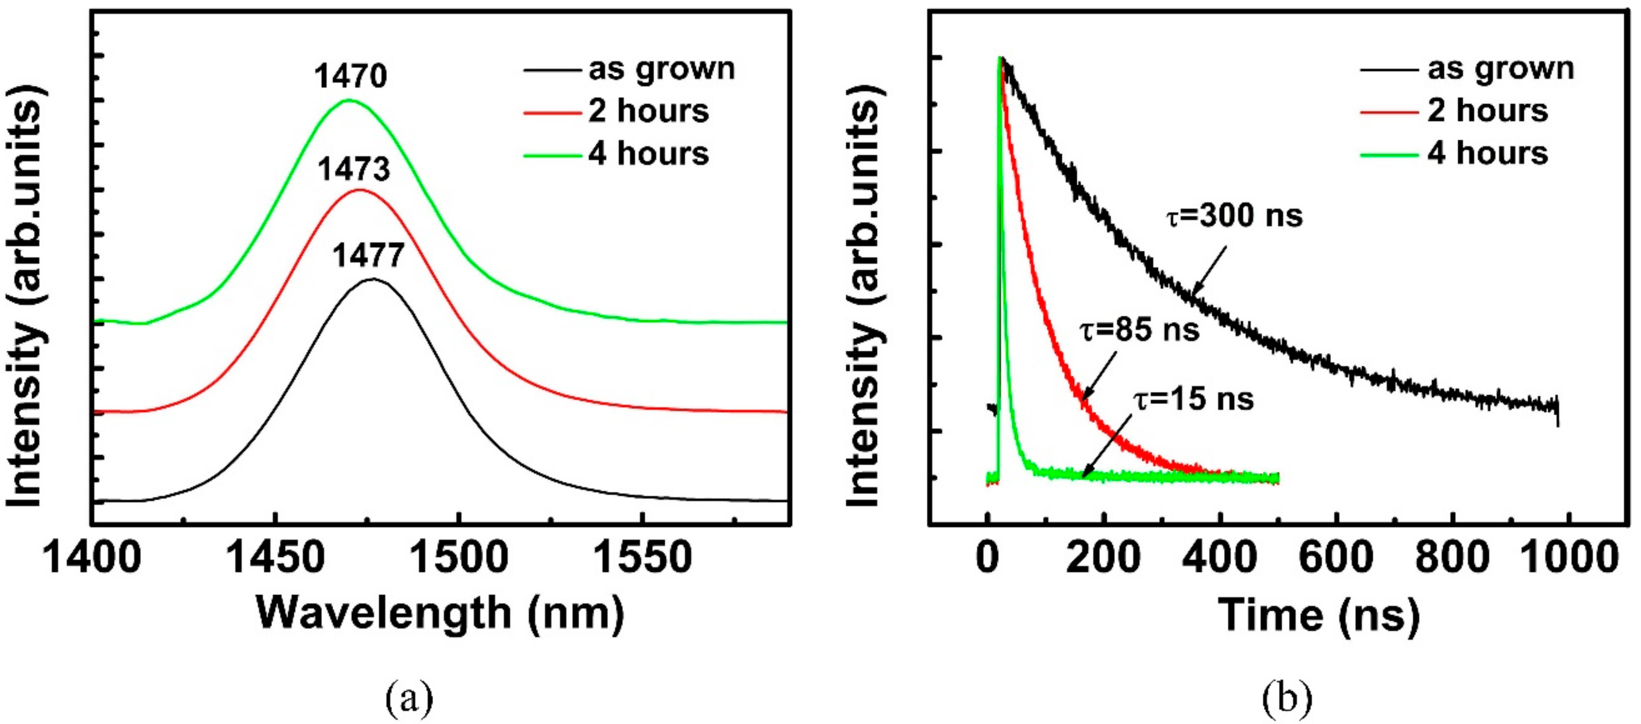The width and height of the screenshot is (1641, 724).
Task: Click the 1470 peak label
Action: click(x=350, y=77)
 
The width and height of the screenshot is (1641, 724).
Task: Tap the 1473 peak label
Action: click(x=354, y=169)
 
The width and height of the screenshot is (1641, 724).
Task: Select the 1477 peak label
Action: click(x=368, y=256)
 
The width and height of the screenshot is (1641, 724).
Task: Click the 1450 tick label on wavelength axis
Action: click(x=275, y=558)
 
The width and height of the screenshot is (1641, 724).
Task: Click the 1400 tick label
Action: click(x=92, y=558)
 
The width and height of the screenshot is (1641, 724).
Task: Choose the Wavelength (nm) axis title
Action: click(x=440, y=614)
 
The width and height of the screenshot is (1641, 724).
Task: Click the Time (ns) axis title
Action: click(x=1319, y=615)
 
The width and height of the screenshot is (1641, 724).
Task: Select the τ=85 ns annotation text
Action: click(x=1140, y=330)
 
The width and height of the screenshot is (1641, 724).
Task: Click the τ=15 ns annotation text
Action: click(x=1194, y=399)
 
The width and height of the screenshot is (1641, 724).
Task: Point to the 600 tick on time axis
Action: click(x=1336, y=558)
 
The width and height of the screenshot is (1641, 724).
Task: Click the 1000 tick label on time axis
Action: click(x=1568, y=558)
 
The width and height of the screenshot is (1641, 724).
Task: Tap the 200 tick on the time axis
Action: click(x=1103, y=558)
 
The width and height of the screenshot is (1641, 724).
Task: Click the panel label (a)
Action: click(x=409, y=699)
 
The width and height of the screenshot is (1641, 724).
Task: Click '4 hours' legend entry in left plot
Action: click(x=649, y=154)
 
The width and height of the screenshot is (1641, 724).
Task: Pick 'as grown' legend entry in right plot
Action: click(x=1500, y=68)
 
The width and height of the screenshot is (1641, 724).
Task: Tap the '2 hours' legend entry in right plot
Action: click(x=1487, y=111)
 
